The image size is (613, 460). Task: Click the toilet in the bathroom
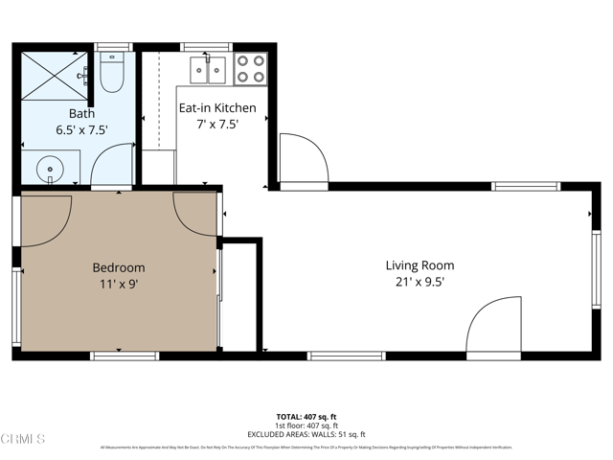(x=112, y=73)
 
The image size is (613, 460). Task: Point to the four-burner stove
(x=251, y=69)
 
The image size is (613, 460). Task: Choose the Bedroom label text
(x=118, y=267)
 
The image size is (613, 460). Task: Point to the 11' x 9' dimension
(x=118, y=284)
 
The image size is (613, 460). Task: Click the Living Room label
(x=420, y=265)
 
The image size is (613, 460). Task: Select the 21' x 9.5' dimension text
(x=420, y=282)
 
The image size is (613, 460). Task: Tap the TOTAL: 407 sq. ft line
(x=306, y=416)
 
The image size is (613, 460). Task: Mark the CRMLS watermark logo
(x=24, y=439)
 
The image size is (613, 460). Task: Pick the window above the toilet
(x=113, y=46)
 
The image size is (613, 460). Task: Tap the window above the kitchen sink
(x=206, y=46)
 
